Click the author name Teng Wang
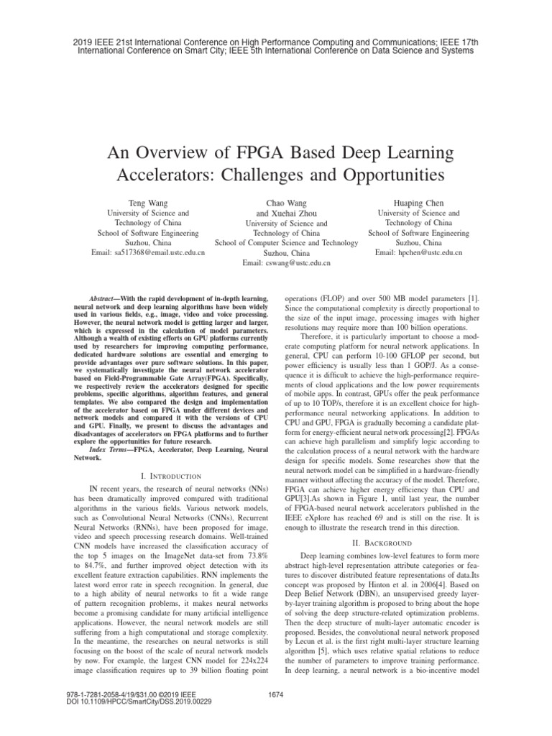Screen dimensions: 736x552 [148, 203]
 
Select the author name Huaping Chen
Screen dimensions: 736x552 [418, 203]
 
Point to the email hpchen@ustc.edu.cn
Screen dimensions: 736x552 [418, 253]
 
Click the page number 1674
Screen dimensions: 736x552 [275, 714]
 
